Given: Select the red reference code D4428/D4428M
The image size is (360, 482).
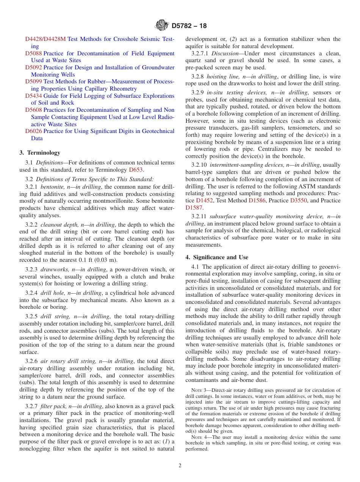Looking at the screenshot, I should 45,39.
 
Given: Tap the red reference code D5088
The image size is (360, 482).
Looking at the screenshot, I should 33,53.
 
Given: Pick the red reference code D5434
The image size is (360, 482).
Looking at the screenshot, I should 33,96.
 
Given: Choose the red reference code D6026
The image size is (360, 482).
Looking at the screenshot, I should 33,131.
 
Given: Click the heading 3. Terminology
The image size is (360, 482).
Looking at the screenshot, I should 40,153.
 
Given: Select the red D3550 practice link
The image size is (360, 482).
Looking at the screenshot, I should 298,200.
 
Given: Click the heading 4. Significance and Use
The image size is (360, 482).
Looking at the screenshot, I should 217,257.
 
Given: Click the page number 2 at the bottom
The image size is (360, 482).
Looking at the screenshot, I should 180,466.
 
